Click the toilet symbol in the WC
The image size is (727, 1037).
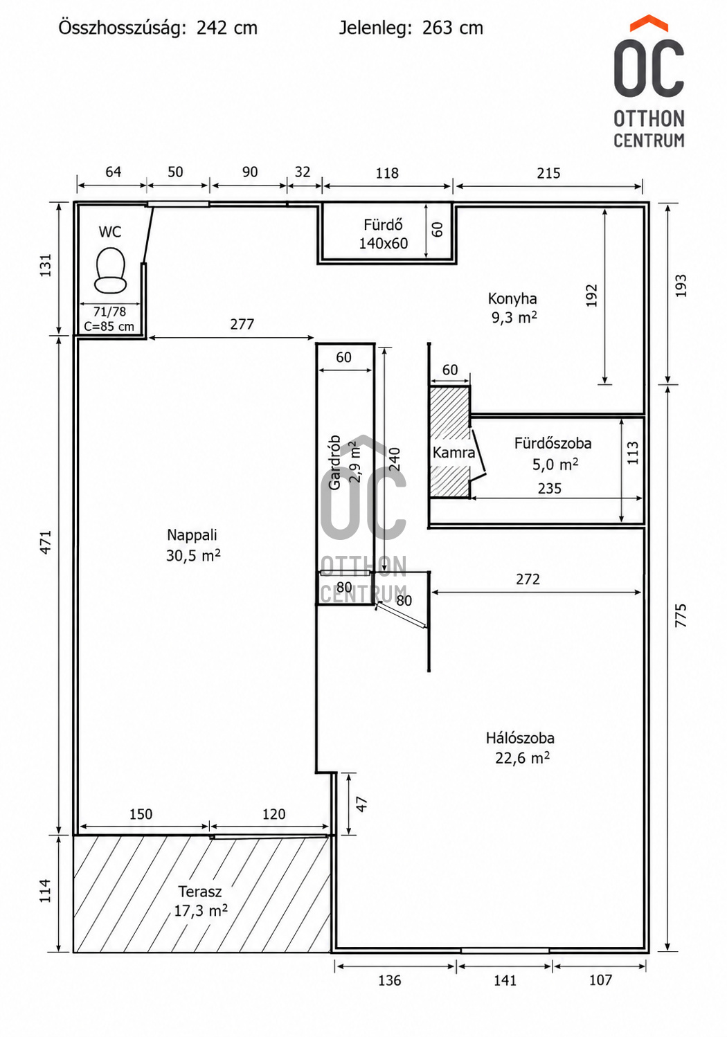(x=110, y=271)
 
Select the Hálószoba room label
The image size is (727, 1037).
(x=520, y=738)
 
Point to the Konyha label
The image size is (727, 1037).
(x=512, y=298)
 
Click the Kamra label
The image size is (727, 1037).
(x=454, y=452)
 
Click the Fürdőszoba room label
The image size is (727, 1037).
(x=553, y=444)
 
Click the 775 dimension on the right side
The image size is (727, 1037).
(x=680, y=615)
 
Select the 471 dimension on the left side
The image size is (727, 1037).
(x=46, y=542)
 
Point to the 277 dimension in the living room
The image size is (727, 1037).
(x=242, y=324)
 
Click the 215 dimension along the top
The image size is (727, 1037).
(x=548, y=173)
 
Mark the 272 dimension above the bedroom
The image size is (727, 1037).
(x=528, y=579)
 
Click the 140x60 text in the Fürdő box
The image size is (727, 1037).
(x=384, y=244)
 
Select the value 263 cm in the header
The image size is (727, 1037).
(x=452, y=28)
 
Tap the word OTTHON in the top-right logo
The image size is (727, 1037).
(x=649, y=119)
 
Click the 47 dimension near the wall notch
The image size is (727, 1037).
(x=361, y=804)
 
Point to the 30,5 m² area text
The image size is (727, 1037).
(x=193, y=554)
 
